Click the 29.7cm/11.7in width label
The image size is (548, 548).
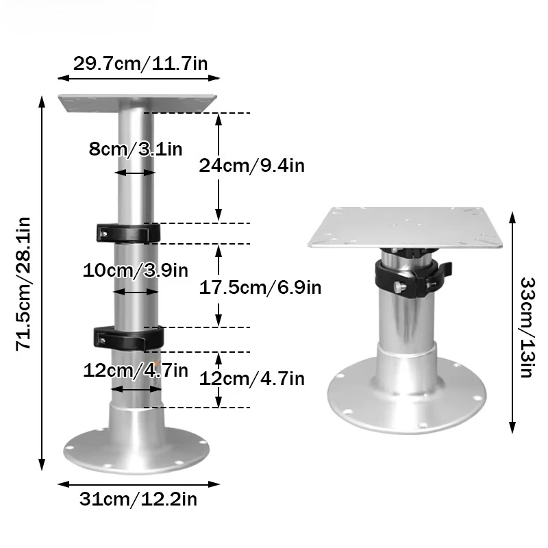pyautogui.click(x=141, y=64)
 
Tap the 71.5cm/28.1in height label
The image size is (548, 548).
pyautogui.click(x=23, y=282)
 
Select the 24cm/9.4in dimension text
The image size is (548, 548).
pyautogui.click(x=251, y=164)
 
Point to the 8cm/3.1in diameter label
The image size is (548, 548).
pyautogui.click(x=135, y=148)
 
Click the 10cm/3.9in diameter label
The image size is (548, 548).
pyautogui.click(x=135, y=269)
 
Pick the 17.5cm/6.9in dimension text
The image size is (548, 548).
pyautogui.click(x=260, y=286)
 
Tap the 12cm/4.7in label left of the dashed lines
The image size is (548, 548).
pyautogui.click(x=135, y=371)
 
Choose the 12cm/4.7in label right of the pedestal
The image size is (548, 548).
pyautogui.click(x=251, y=378)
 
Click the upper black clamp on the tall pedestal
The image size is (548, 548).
pyautogui.click(x=128, y=232)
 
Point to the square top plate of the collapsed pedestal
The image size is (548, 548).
pyautogui.click(x=410, y=227)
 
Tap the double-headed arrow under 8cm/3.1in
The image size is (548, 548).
pyautogui.click(x=135, y=173)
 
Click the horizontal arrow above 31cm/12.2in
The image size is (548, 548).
pyautogui.click(x=138, y=484)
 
